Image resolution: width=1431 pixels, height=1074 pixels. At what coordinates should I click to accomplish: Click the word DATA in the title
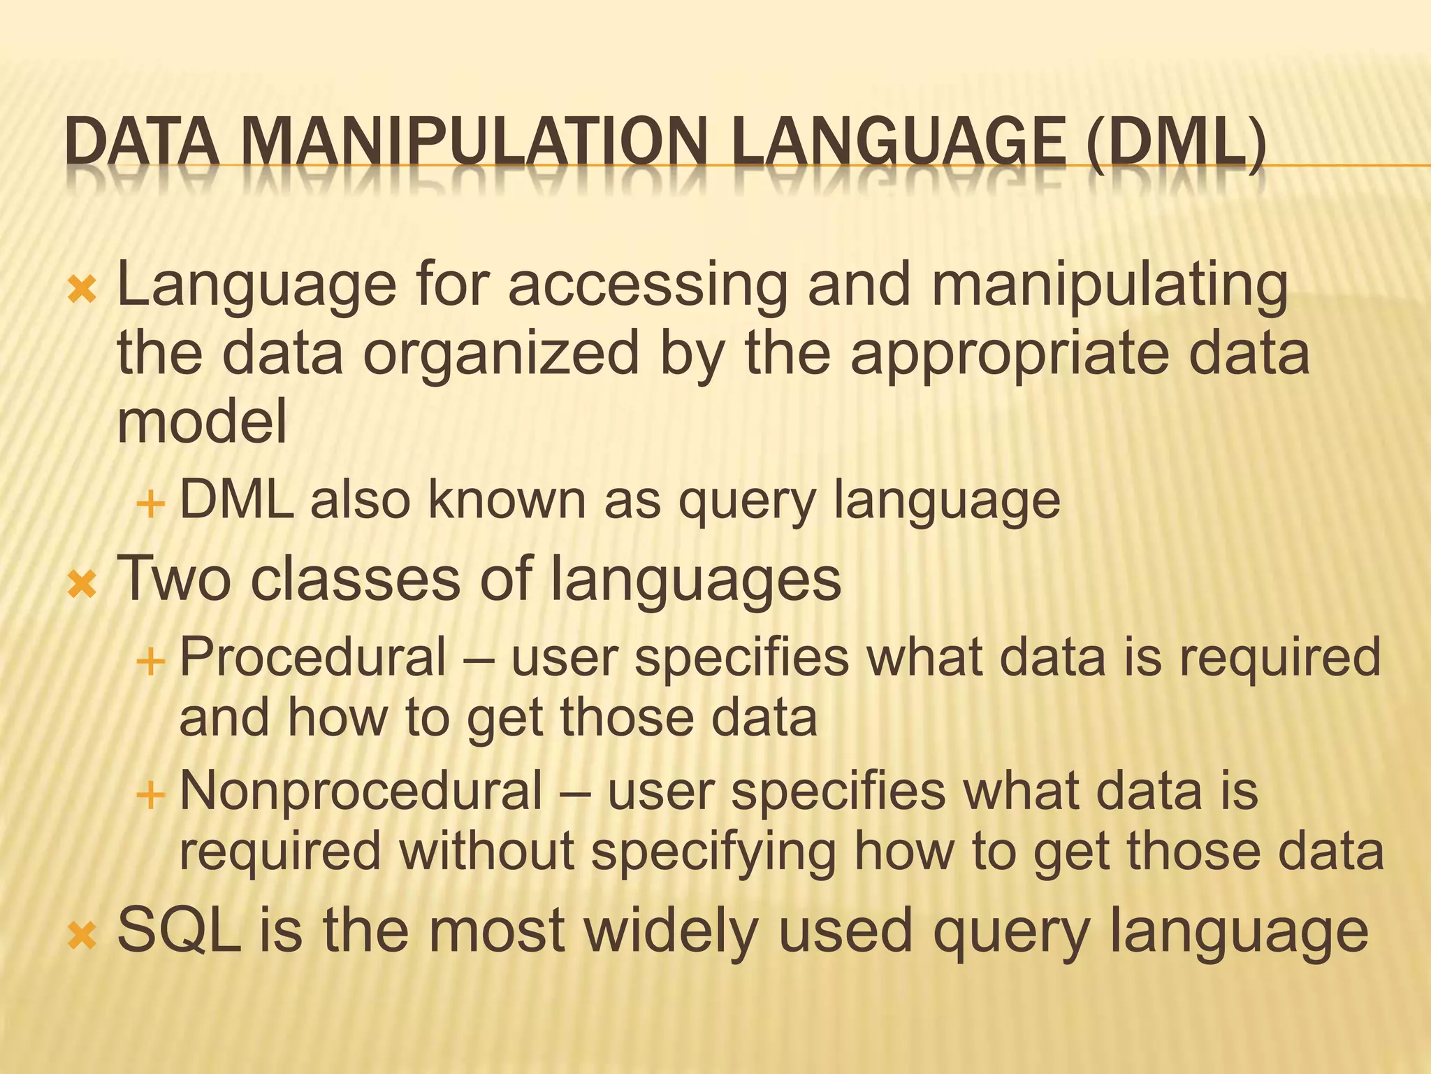[140, 143]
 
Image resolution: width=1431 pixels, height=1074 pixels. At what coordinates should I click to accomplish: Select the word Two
[174, 579]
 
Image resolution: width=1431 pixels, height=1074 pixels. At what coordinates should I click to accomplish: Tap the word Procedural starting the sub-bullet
[313, 657]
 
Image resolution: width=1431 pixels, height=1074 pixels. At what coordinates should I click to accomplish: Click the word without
[487, 851]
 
